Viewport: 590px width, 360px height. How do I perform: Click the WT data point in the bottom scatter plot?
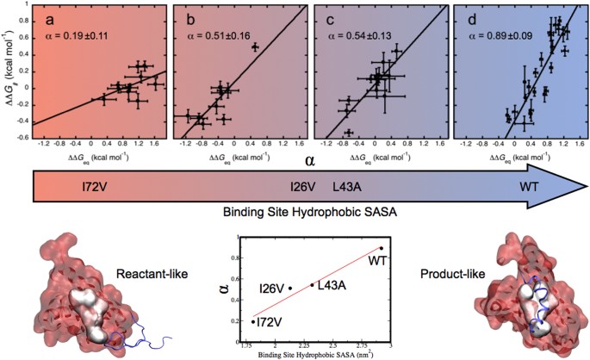click(381, 248)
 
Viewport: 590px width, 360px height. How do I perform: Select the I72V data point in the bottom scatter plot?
click(253, 321)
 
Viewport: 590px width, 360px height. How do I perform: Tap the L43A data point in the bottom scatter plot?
click(312, 285)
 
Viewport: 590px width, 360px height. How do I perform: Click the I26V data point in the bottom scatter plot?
click(290, 288)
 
